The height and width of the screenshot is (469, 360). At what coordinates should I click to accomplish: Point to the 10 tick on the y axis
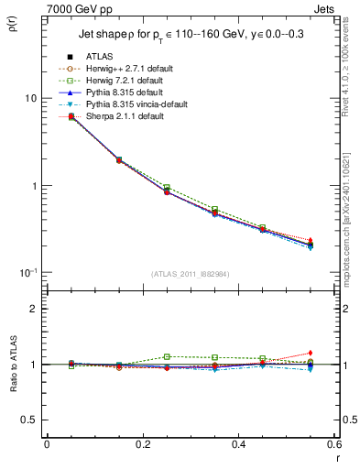29,98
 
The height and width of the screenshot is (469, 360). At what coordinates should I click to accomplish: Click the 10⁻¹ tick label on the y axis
27,273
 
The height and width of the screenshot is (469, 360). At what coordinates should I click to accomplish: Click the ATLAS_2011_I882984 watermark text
191,274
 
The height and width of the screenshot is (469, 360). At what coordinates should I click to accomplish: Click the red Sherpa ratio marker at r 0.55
310,353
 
